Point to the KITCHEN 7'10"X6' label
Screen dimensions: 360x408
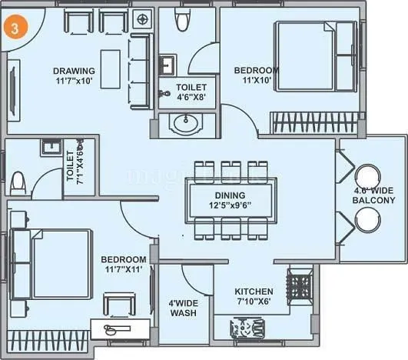click(254, 296)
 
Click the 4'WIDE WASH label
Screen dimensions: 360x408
click(184, 308)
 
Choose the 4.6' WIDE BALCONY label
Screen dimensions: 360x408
click(374, 195)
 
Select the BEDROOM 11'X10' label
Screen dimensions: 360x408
click(256, 75)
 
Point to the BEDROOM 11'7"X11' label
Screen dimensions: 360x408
click(123, 265)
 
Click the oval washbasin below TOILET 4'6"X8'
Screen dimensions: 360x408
click(185, 122)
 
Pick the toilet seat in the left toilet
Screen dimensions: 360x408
click(19, 182)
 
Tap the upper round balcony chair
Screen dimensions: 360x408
click(367, 177)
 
